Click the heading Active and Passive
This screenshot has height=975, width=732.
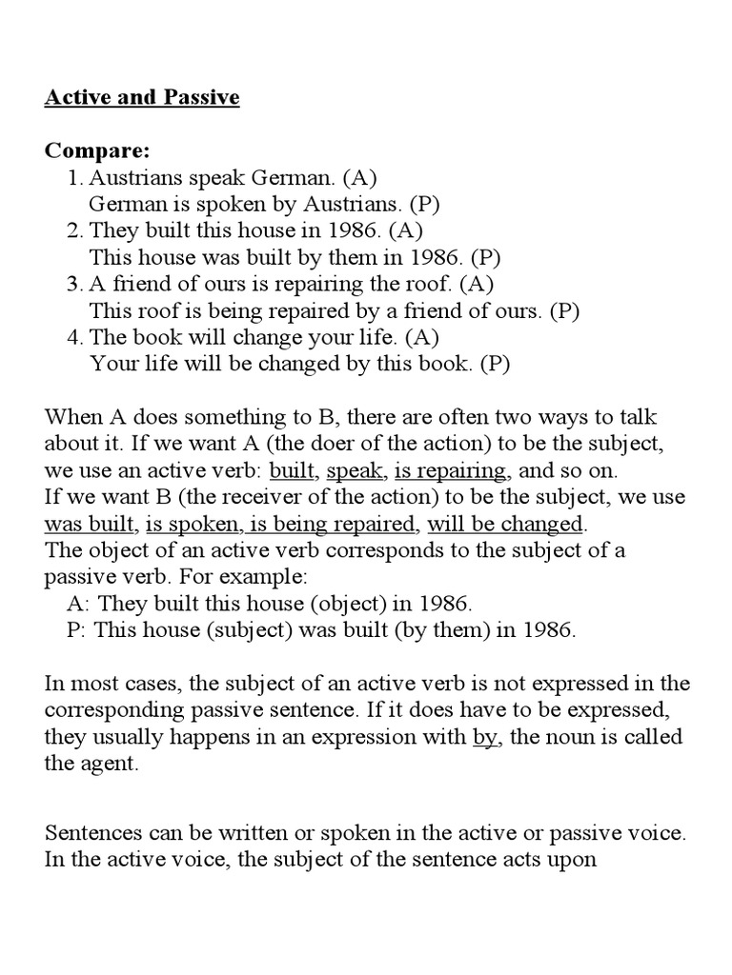(142, 98)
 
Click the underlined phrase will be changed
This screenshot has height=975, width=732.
(505, 524)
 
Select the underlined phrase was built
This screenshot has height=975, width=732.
(91, 524)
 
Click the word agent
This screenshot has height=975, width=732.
(116, 764)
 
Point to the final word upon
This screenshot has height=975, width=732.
(571, 860)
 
